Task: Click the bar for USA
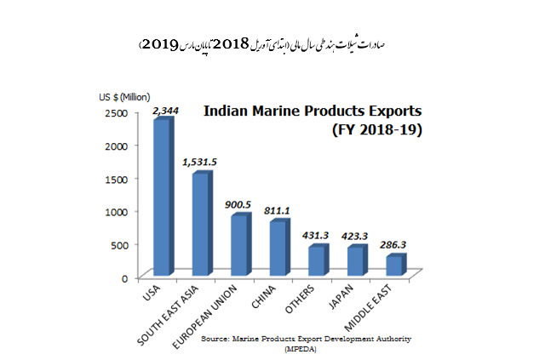pos(162,197)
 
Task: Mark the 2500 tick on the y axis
pos(117,112)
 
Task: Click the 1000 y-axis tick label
pos(117,212)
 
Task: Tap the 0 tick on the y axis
pos(124,277)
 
